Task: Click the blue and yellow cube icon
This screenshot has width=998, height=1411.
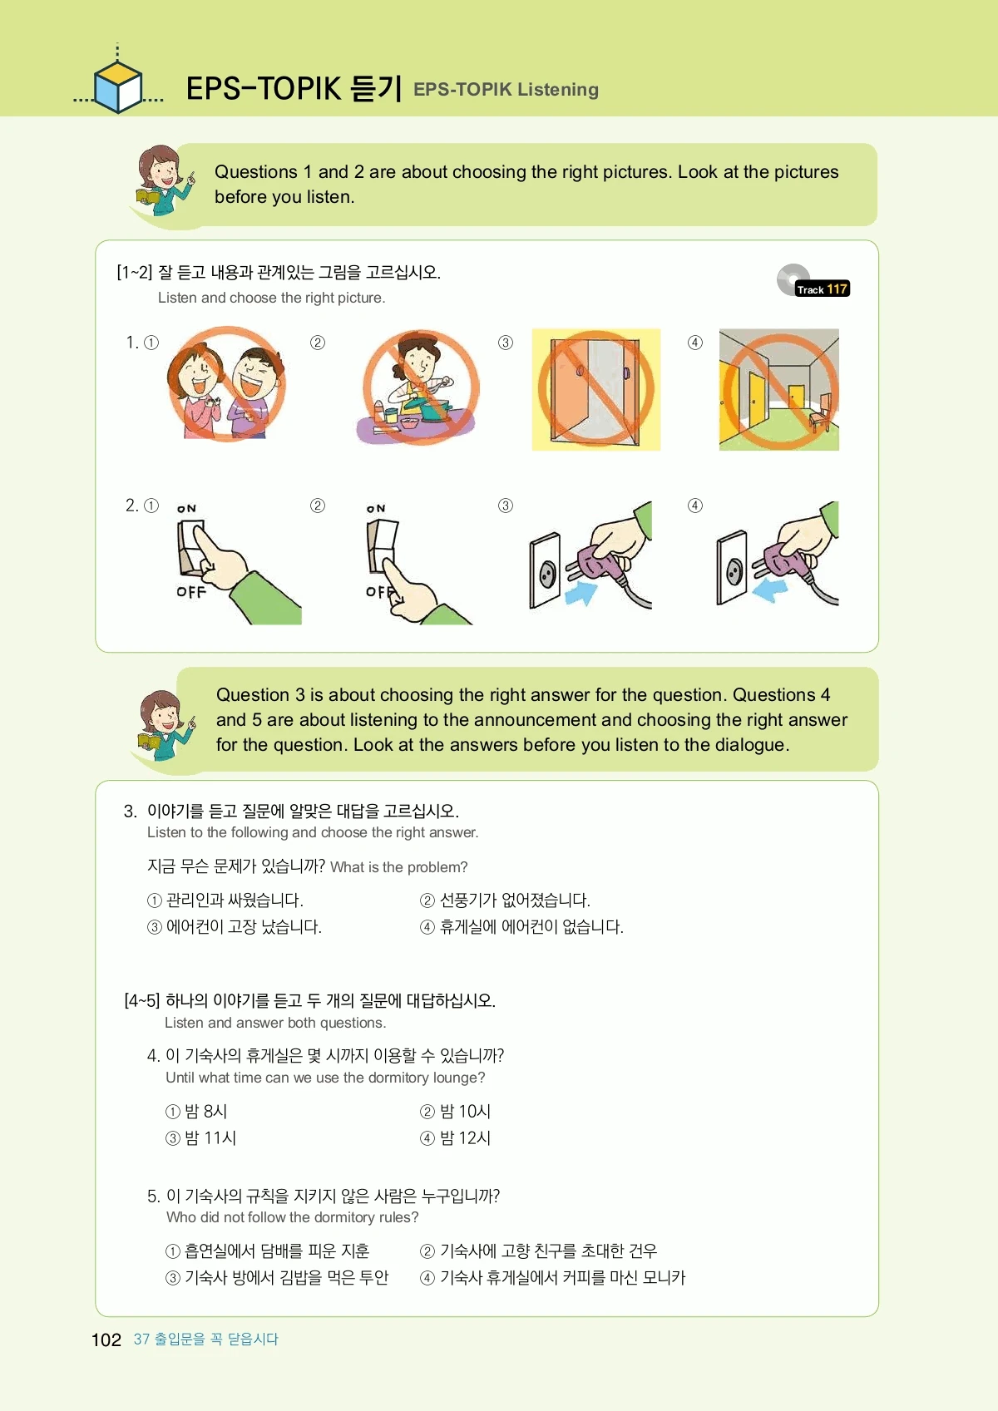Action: [118, 87]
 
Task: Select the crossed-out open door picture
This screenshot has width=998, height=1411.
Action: [596, 389]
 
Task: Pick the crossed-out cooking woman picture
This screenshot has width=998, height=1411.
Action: [420, 387]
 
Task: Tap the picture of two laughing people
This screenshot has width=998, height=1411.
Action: [226, 383]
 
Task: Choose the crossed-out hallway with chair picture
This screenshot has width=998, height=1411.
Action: [778, 389]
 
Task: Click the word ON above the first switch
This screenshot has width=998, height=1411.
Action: [186, 508]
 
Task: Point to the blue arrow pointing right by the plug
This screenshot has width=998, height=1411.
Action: [580, 592]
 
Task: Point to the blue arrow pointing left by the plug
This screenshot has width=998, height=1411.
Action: [770, 590]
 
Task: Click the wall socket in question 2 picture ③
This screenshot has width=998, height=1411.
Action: [545, 570]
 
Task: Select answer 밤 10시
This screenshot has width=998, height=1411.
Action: [455, 1111]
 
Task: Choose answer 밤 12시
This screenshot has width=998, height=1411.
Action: [455, 1137]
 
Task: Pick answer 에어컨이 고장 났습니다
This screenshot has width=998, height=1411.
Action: [235, 926]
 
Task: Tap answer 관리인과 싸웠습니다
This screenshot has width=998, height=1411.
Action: [225, 900]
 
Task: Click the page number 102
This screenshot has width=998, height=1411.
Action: [106, 1339]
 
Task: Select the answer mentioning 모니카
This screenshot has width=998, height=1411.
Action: [552, 1277]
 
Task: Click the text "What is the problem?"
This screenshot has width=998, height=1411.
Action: [399, 867]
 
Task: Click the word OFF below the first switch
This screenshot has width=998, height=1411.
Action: [191, 592]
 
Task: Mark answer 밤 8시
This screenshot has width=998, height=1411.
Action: [196, 1111]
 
